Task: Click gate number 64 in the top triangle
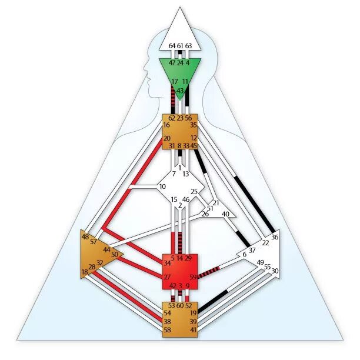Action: click(172, 46)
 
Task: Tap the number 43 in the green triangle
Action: click(180, 91)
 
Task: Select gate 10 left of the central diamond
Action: click(162, 187)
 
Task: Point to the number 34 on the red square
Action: click(167, 262)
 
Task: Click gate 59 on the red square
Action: click(193, 277)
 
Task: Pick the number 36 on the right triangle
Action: click(275, 237)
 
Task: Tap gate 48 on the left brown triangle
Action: click(85, 236)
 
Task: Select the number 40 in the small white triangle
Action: click(225, 214)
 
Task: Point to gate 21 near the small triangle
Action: click(216, 203)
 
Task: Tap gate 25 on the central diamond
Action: click(194, 192)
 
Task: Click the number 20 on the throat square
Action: click(167, 138)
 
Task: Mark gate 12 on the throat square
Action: click(194, 138)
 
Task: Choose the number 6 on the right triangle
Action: click(244, 255)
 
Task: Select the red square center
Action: click(180, 272)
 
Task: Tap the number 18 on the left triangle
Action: click(85, 272)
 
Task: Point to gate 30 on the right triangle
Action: click(275, 271)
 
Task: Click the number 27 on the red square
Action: click(167, 277)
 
